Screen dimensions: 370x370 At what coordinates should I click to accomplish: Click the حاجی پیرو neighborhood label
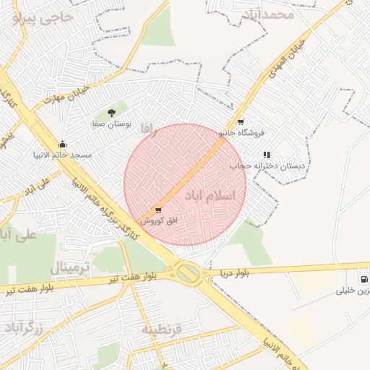43,17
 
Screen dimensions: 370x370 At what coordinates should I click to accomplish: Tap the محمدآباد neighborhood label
267,14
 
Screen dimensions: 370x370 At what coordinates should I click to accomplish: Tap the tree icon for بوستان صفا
111,112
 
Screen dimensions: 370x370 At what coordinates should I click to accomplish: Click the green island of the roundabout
187,273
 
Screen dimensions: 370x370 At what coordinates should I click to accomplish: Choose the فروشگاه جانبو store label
242,133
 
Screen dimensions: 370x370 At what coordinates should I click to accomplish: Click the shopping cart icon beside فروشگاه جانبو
241,122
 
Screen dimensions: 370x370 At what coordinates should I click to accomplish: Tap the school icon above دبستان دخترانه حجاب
267,155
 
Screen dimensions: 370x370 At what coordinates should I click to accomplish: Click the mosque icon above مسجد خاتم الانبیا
63,144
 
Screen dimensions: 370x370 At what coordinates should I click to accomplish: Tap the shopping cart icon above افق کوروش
158,210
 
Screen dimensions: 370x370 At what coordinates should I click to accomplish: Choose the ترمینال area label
71,268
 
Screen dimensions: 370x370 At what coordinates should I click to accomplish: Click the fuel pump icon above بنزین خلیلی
363,279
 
